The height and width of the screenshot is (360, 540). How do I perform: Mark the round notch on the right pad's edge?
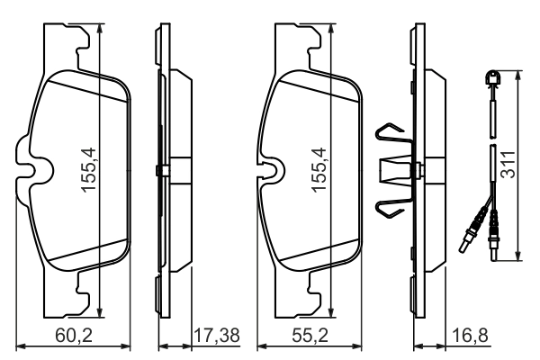point(268,168)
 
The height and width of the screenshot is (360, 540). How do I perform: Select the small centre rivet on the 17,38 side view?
point(158,171)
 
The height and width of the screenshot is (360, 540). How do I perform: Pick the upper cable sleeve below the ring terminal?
point(493,118)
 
